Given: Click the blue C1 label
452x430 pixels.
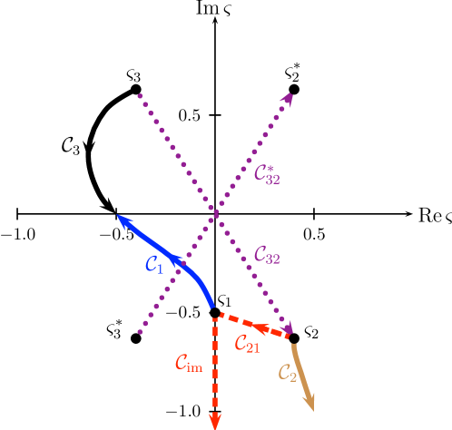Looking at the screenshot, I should (154, 265).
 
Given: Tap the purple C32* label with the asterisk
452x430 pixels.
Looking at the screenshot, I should (267, 174).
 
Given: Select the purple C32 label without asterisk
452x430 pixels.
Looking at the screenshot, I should (267, 257).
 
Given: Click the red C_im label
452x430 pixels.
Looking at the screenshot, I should (189, 364).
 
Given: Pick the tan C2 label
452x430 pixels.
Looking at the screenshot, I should (287, 373).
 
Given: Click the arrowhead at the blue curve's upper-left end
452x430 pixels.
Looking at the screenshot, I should (122, 219).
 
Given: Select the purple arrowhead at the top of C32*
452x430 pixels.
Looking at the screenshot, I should (288, 97).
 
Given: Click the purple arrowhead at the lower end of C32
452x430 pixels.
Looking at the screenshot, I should (288, 327).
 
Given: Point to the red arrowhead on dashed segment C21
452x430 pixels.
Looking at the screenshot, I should (260, 327).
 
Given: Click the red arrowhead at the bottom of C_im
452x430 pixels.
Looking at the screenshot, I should (215, 420).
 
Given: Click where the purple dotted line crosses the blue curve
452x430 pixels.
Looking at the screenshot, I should (182, 266).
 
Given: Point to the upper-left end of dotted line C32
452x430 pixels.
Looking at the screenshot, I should (140, 94).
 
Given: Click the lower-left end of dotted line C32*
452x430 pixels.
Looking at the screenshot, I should (140, 332).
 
